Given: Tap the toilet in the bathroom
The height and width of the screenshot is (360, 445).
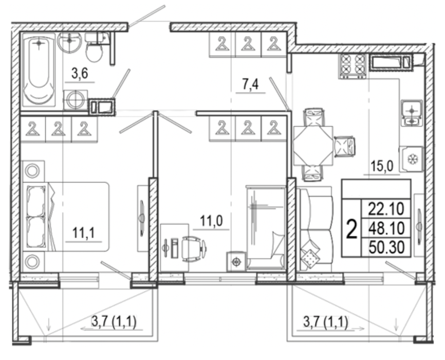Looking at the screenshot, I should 95,50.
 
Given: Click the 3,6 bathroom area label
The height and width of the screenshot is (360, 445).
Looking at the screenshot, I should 80,74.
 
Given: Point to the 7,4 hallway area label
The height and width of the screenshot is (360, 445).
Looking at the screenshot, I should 250,85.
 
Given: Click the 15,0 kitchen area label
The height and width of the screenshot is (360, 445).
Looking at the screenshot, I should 381,166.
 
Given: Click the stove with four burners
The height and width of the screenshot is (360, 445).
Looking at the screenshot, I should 353,65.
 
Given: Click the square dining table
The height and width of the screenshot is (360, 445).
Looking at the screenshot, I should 313,146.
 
